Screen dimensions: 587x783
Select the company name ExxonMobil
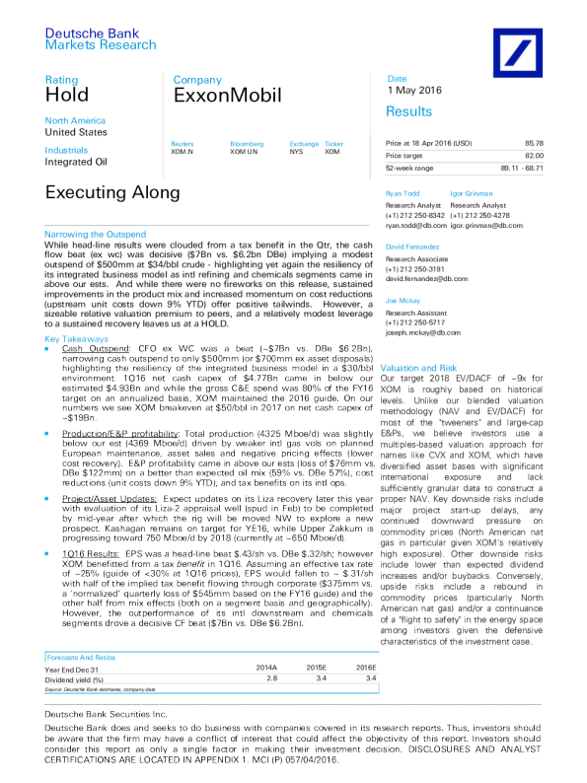216,96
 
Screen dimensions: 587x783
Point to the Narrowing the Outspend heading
97,234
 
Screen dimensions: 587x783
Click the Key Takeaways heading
77,337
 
